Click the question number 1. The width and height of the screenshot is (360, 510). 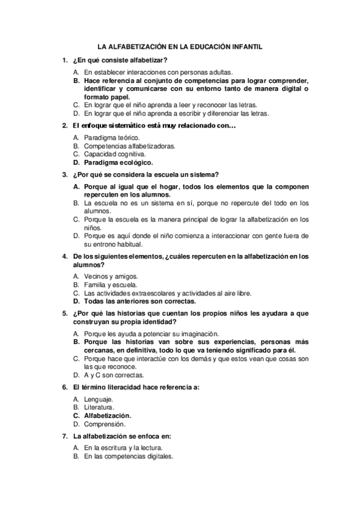click(64, 61)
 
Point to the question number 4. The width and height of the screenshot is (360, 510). click(64, 256)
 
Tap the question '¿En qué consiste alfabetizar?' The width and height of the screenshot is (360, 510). click(119, 61)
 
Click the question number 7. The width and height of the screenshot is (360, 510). click(64, 436)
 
